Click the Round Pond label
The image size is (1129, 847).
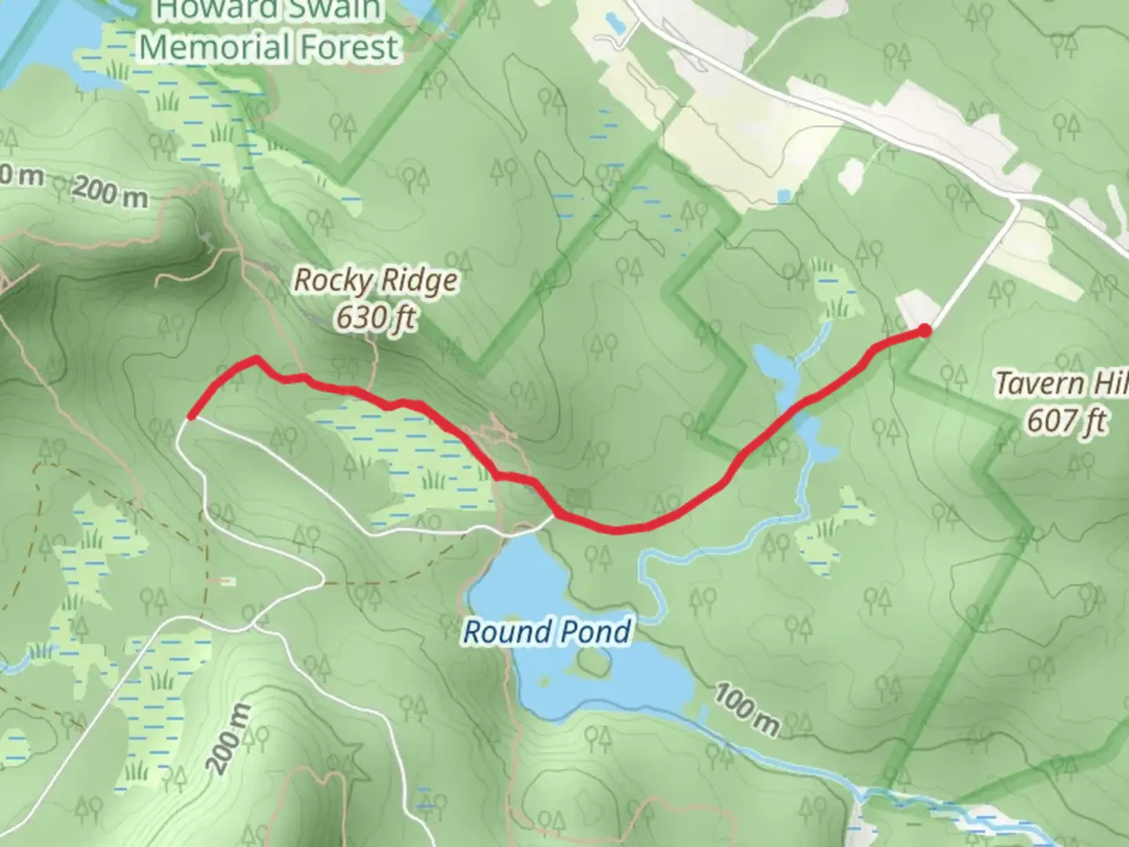(x=546, y=631)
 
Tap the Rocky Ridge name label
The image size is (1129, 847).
(x=375, y=280)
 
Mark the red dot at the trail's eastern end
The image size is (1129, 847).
(x=925, y=330)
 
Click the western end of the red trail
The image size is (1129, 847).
(x=190, y=416)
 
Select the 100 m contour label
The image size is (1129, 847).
(x=746, y=710)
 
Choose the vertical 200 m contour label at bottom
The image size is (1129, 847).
(x=227, y=738)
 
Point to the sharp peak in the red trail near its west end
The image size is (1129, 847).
(x=256, y=359)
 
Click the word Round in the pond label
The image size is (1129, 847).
(x=504, y=631)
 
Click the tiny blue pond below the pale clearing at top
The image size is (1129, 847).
(x=782, y=196)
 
